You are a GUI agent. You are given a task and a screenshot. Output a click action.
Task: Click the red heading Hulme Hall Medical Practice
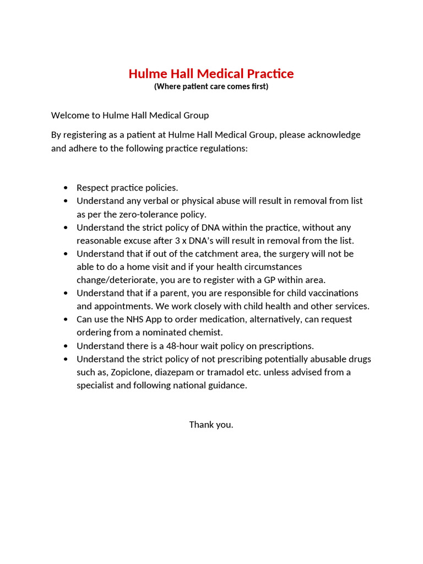click(211, 74)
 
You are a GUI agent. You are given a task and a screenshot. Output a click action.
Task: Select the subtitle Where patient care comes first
click(211, 86)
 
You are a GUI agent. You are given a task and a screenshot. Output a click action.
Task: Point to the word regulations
click(225, 148)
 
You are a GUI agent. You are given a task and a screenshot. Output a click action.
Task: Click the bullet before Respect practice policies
click(67, 188)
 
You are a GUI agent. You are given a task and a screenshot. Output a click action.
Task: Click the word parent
click(169, 293)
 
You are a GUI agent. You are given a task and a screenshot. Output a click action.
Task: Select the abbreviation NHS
click(133, 319)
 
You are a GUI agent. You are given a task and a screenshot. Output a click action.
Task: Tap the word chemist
click(207, 333)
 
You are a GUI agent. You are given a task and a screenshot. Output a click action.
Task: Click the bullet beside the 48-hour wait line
click(67, 346)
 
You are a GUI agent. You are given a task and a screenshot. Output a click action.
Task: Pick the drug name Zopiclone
click(133, 372)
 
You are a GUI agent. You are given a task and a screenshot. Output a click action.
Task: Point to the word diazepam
click(182, 372)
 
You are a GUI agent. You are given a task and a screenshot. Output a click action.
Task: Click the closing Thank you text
click(211, 425)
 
